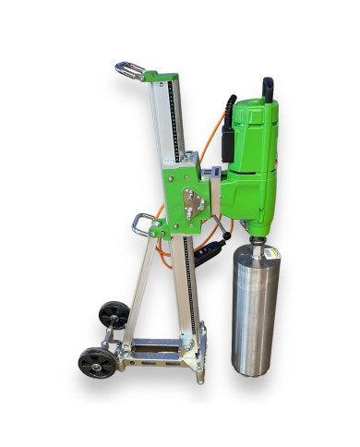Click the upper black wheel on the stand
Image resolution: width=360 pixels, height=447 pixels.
(114, 313)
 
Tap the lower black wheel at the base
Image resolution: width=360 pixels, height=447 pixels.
(92, 362)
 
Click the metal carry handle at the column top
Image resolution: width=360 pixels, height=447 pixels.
(130, 70)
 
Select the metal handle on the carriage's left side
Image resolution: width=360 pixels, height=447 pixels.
(143, 223)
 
